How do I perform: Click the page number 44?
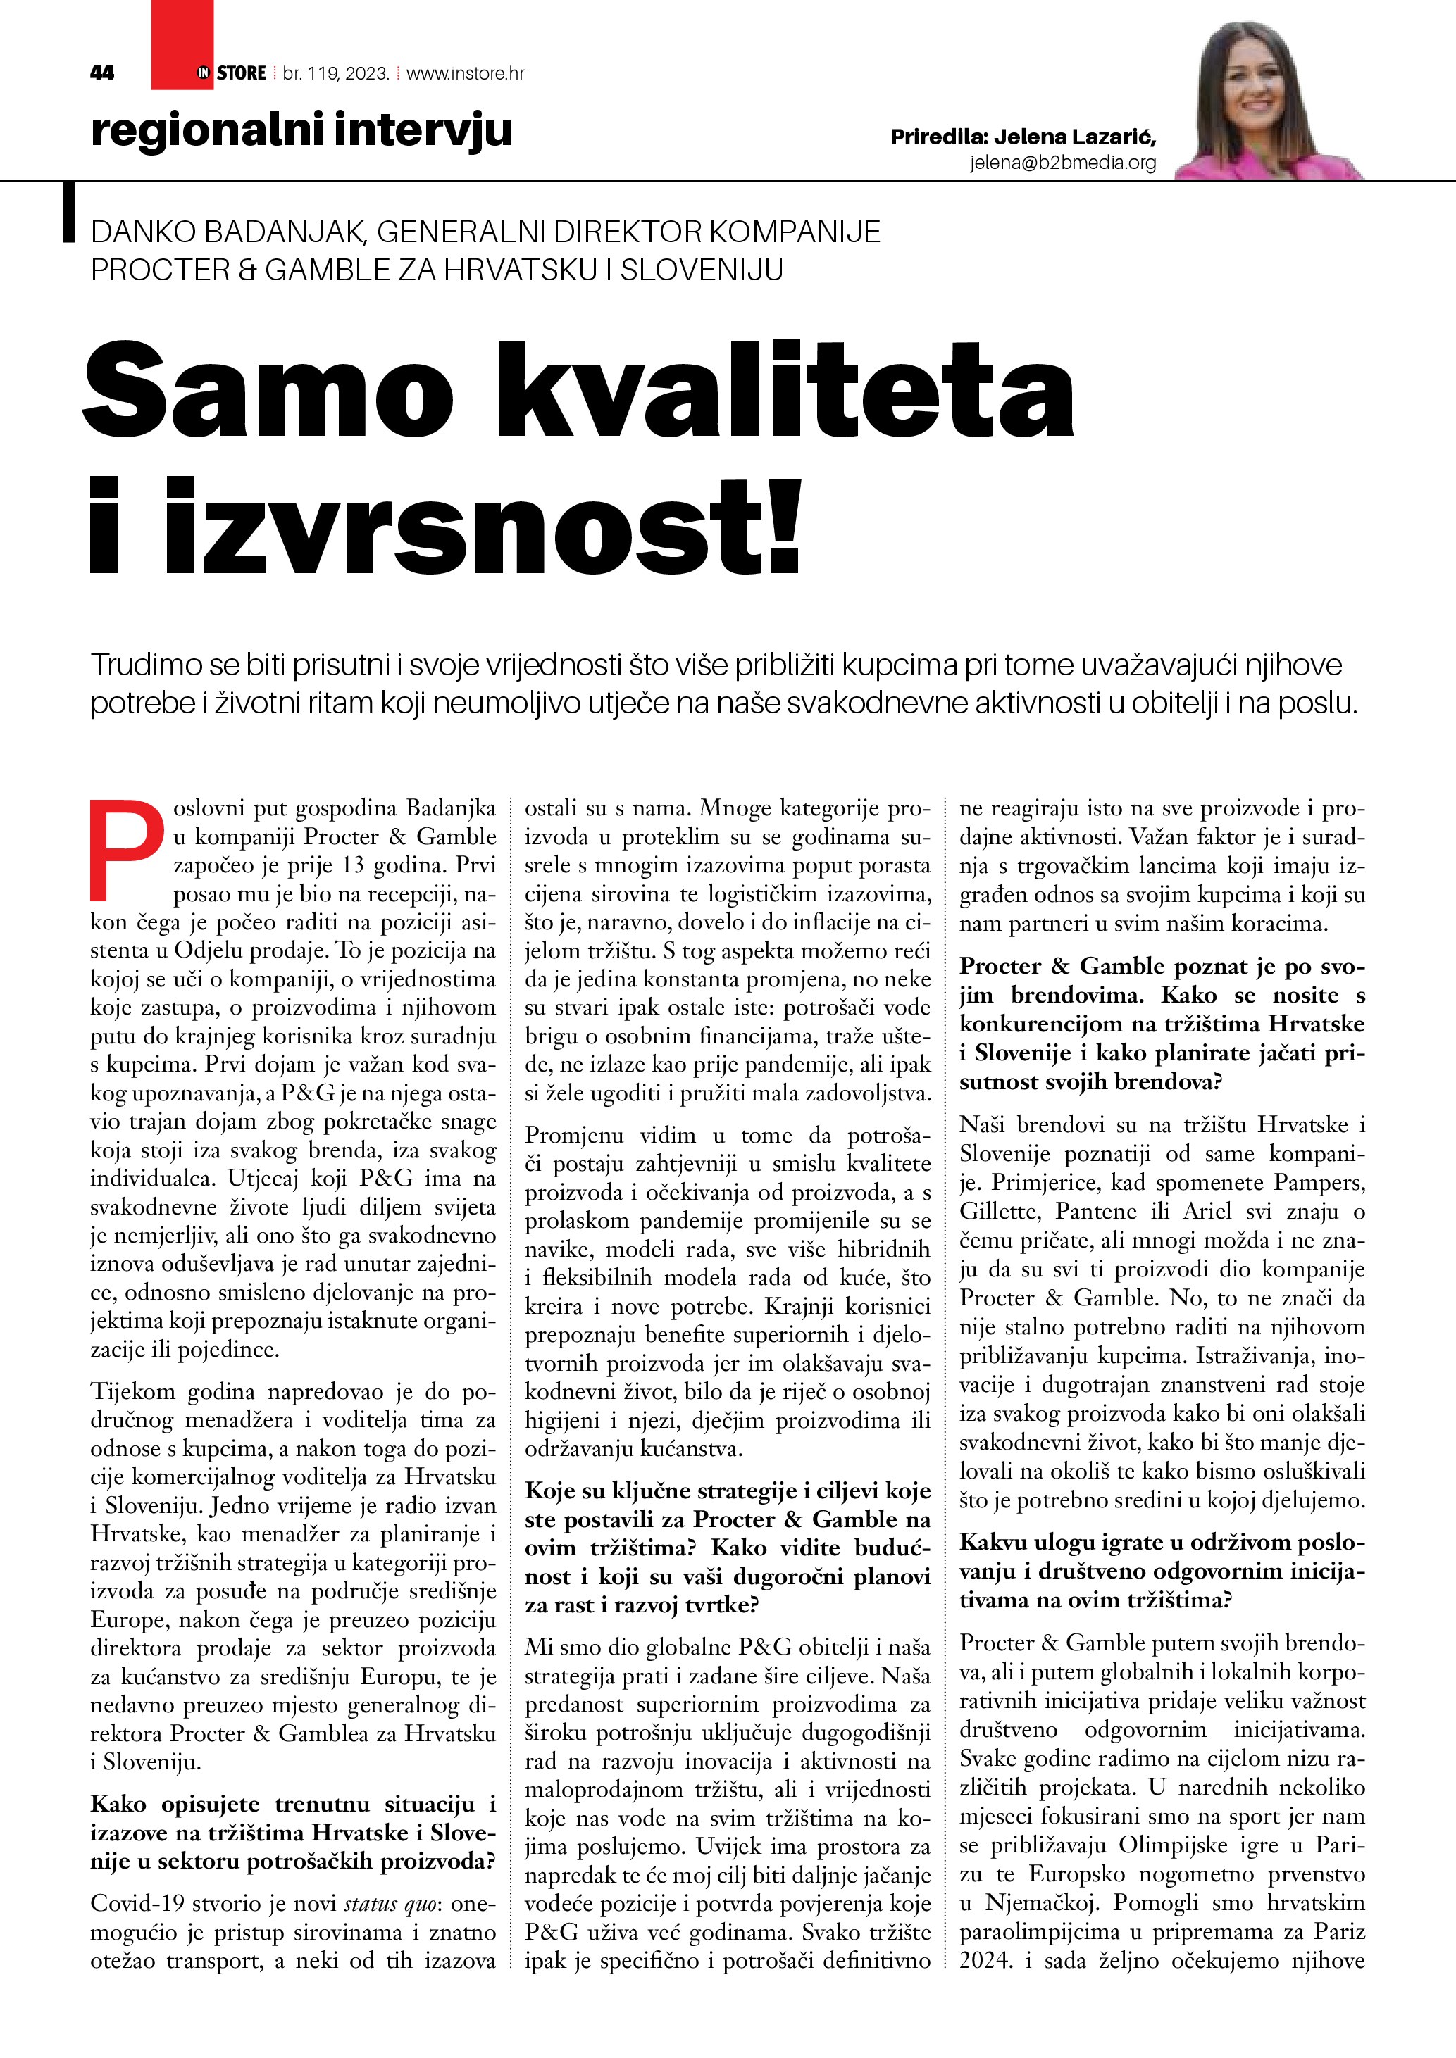pos(102,73)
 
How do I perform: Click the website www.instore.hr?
pos(466,73)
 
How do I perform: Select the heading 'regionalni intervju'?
pos(301,130)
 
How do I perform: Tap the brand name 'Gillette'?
pos(999,1211)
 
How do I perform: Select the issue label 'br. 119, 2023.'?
pos(335,73)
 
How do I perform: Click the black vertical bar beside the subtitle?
pos(68,213)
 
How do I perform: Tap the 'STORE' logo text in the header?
pos(241,73)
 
